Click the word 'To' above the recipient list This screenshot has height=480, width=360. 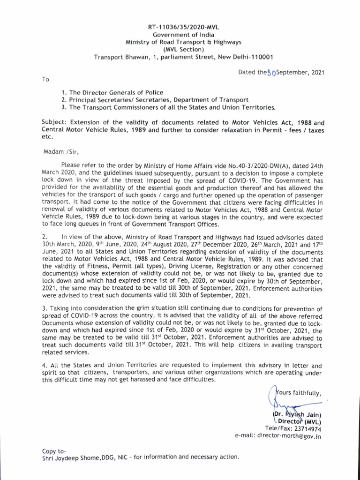pyautogui.click(x=45, y=80)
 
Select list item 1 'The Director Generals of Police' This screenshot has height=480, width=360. pyautogui.click(x=112, y=92)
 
